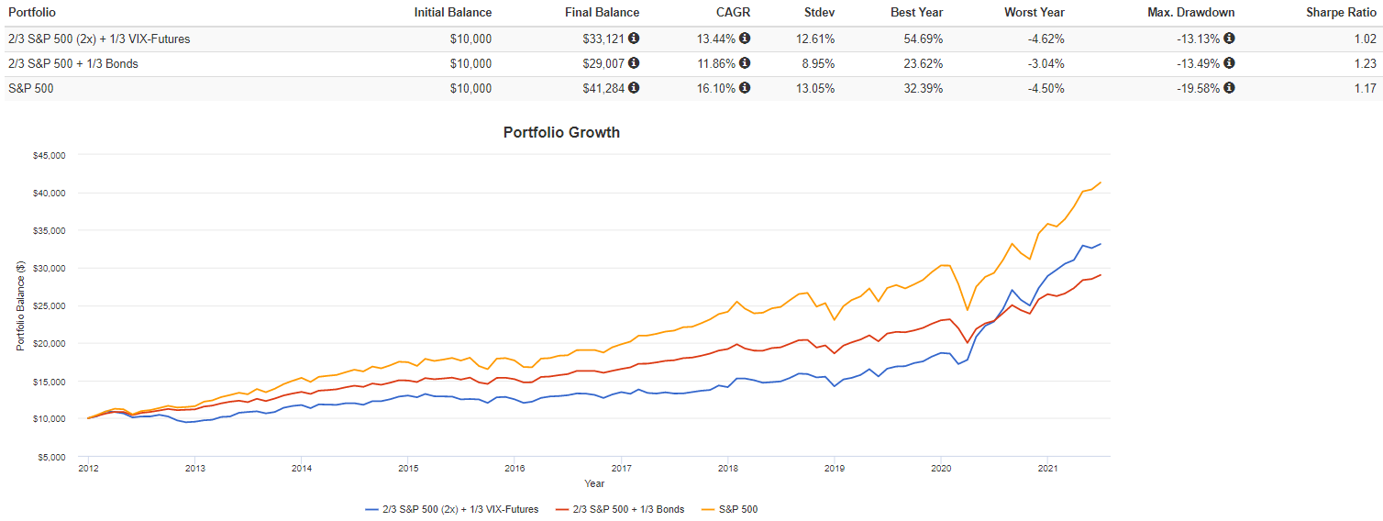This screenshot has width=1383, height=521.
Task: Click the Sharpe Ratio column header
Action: pyautogui.click(x=1344, y=12)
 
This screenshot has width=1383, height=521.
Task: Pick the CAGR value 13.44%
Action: pyautogui.click(x=713, y=39)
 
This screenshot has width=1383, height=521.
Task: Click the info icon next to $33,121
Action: pyautogui.click(x=634, y=39)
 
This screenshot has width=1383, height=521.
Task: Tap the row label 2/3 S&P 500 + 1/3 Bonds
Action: pyautogui.click(x=72, y=63)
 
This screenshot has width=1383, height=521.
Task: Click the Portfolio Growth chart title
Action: pyautogui.click(x=561, y=132)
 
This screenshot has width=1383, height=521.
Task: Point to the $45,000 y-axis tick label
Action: pyautogui.click(x=47, y=155)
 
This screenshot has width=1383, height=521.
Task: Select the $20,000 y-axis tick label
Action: pyautogui.click(x=47, y=343)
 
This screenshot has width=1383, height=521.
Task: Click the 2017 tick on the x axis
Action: pyautogui.click(x=621, y=468)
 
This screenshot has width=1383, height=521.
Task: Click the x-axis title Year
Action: pyautogui.click(x=594, y=483)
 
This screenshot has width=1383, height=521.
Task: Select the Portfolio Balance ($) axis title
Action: pyautogui.click(x=20, y=306)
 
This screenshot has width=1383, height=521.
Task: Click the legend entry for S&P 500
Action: pyautogui.click(x=737, y=509)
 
